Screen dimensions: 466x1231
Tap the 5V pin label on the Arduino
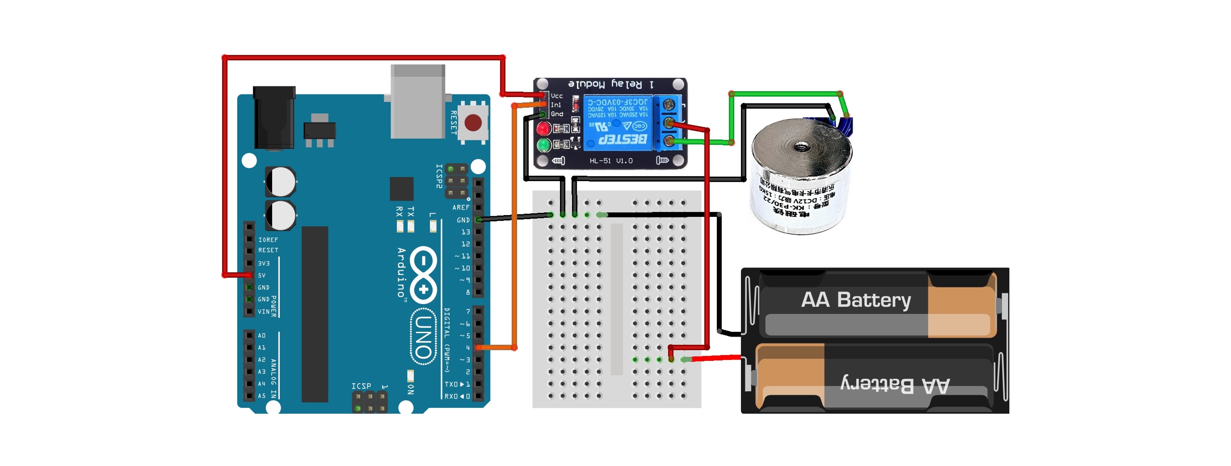coord(262,275)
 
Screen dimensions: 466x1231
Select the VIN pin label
coord(263,312)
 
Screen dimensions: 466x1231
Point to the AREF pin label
coord(461,207)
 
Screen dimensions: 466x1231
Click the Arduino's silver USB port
coord(418,101)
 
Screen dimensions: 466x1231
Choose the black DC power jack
coord(274,117)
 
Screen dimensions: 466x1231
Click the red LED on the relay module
coord(543,128)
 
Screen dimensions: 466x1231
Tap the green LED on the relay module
coord(543,144)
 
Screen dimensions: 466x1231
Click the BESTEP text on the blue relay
coord(623,139)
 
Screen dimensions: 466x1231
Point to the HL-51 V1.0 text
coord(611,161)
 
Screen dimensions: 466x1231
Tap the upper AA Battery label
coord(856,300)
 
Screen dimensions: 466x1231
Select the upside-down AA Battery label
coord(895,385)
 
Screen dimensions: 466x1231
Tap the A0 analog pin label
coord(262,335)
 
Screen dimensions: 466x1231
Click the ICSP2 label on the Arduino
coord(439,176)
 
